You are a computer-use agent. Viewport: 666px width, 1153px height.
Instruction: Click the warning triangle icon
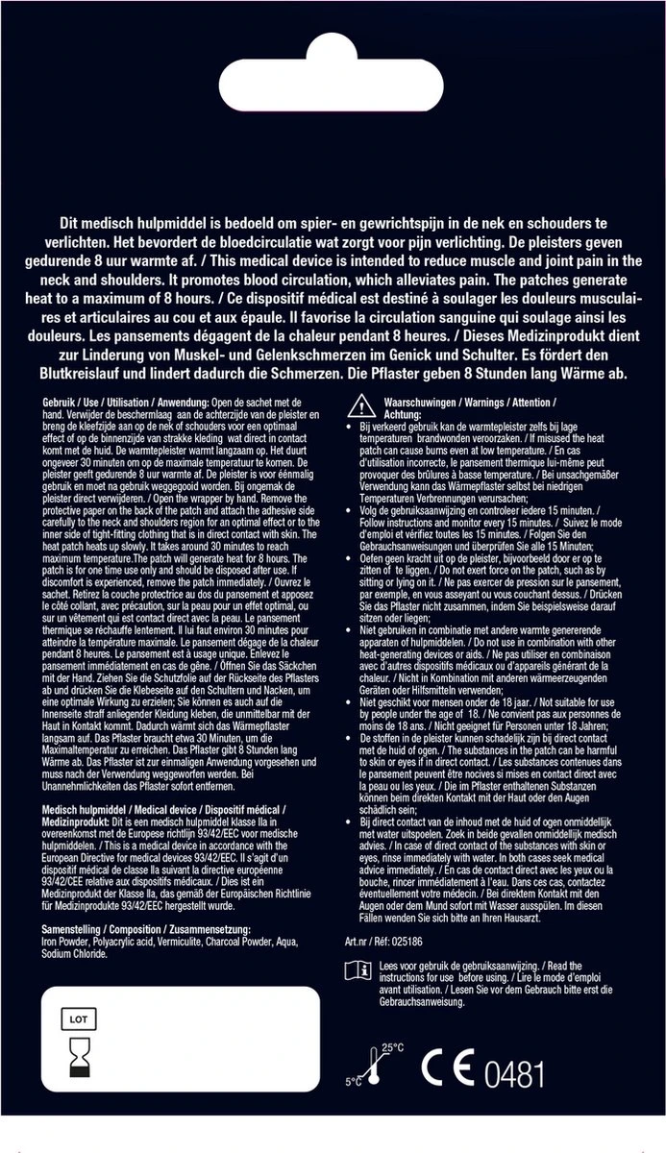(356, 403)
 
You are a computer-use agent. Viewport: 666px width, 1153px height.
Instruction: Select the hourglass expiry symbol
(78, 1061)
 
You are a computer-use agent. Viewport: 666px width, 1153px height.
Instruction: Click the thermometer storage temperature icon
(365, 1066)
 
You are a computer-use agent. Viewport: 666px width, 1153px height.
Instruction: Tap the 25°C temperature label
(392, 1046)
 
